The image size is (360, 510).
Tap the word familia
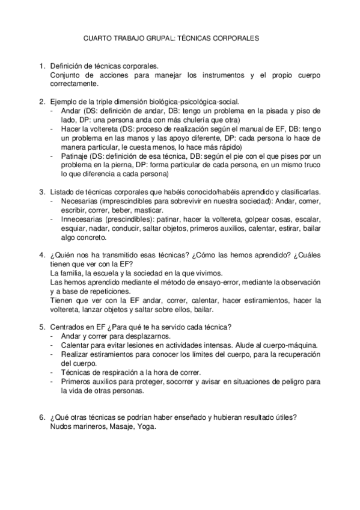(x=71, y=273)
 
